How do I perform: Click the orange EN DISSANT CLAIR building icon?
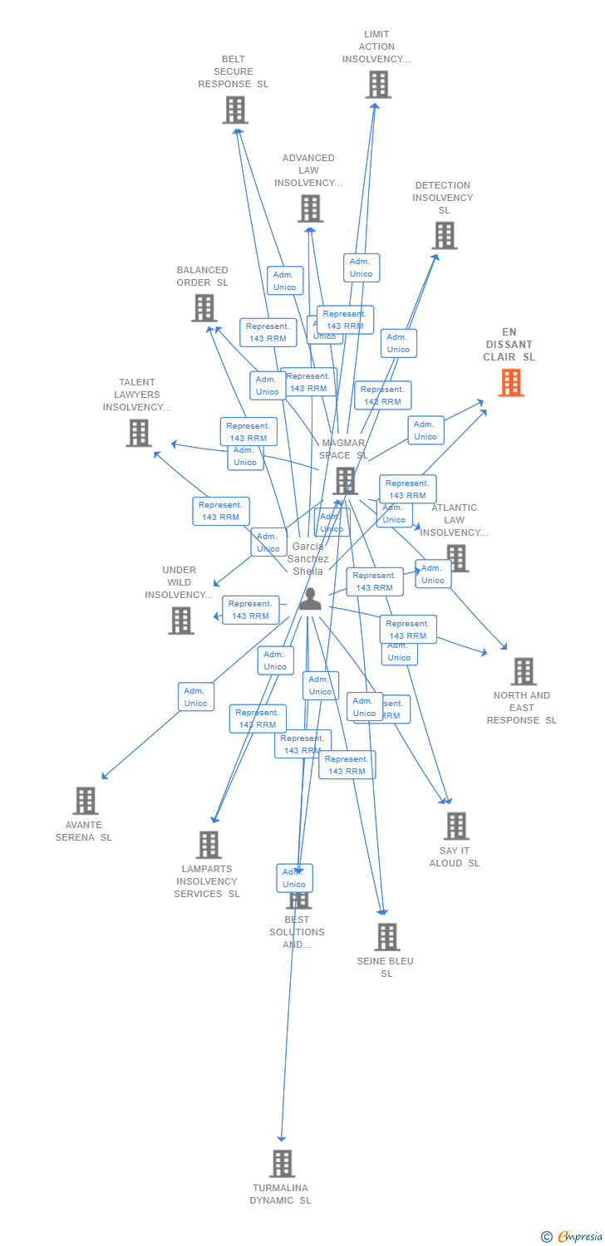[511, 383]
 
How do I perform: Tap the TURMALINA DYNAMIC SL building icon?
[282, 1164]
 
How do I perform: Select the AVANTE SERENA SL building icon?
[86, 801]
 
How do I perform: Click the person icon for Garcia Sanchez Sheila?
[310, 599]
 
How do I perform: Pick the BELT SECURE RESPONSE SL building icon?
[235, 110]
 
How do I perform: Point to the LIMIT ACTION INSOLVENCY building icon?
[378, 85]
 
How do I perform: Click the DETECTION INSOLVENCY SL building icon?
[444, 236]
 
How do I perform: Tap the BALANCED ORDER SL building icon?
[204, 308]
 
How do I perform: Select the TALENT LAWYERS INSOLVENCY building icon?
[139, 433]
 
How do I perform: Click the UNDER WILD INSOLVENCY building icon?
[180, 621]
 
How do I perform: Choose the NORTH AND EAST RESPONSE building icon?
[524, 671]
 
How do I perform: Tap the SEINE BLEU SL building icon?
[386, 937]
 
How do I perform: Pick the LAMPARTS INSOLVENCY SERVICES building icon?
[209, 845]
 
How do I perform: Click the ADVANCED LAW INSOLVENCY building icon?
[310, 208]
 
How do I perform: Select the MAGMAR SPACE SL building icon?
[345, 481]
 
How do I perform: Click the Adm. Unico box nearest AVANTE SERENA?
[196, 697]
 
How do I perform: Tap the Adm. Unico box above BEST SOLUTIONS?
[294, 878]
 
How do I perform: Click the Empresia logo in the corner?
[573, 1237]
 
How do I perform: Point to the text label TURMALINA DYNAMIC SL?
[282, 1194]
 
